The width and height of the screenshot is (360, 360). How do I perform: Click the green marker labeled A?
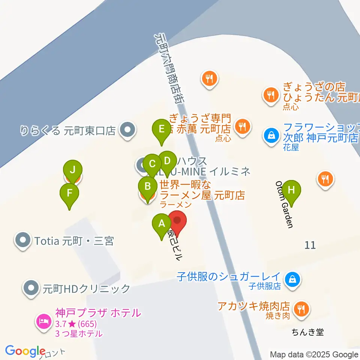coord(162,224)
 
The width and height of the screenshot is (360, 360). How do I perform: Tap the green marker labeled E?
coord(162,129)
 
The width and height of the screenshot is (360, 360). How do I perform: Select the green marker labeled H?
coord(291,190)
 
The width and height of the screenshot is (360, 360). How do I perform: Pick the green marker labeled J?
coord(73,170)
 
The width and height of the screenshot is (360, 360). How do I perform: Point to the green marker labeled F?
coord(69,193)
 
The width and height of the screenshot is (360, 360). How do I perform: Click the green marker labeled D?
coord(167,161)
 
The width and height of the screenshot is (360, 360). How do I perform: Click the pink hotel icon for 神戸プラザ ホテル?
coord(44,321)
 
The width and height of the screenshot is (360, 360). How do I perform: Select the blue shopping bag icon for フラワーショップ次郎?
coord(271,135)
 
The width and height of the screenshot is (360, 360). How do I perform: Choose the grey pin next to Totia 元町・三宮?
coord(23,240)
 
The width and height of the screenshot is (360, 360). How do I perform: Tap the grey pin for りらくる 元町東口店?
coord(127,130)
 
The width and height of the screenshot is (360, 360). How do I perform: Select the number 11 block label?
coord(310,245)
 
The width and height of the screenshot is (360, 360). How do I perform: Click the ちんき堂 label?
coord(307,332)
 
